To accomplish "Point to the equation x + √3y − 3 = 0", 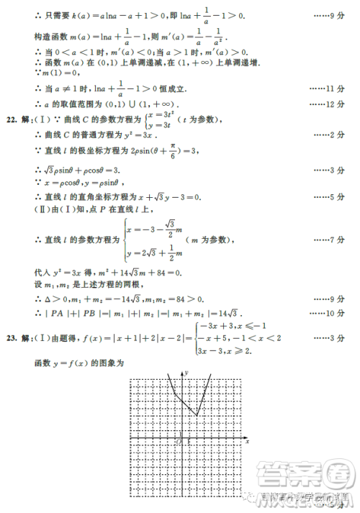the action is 166,196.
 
